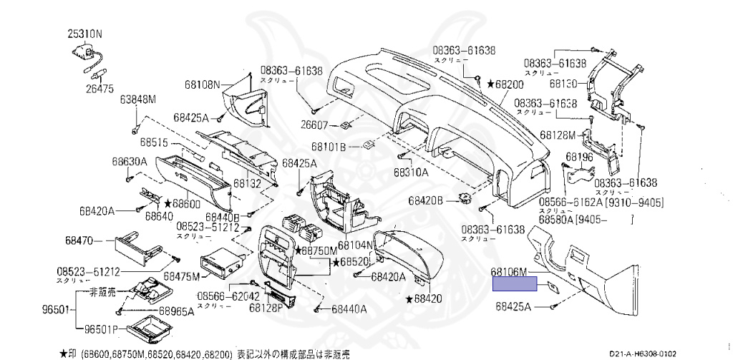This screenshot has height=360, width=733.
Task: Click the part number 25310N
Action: [x=85, y=33]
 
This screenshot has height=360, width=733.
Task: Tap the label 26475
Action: [x=100, y=88]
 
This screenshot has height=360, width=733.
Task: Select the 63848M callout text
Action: [x=137, y=99]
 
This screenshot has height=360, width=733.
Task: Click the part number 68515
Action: [x=153, y=142]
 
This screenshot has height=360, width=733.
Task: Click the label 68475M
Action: [x=181, y=276]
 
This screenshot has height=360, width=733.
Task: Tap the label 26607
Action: [x=314, y=126]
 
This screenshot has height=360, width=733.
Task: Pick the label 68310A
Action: [x=411, y=172]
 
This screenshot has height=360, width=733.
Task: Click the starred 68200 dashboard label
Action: [x=505, y=84]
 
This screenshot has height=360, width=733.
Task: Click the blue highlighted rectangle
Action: [x=515, y=284]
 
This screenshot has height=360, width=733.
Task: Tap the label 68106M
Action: [x=509, y=272]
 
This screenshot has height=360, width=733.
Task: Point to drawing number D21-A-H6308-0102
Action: [x=643, y=353]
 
